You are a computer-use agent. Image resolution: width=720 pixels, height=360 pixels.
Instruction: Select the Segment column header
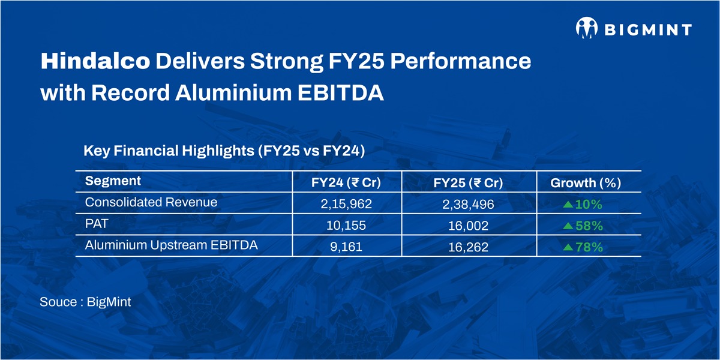coord(113,181)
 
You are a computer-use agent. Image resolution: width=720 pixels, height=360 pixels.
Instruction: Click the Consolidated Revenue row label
coord(151,202)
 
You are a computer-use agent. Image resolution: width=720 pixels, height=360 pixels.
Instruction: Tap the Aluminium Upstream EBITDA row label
coord(171,245)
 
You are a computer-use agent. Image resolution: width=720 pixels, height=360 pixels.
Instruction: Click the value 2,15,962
coord(346,205)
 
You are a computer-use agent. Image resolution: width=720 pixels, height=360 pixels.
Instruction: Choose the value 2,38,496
coord(467,205)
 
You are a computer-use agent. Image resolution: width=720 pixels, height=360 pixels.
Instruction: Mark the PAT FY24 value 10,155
coord(346,226)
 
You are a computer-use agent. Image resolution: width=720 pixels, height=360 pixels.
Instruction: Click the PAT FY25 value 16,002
coord(467,226)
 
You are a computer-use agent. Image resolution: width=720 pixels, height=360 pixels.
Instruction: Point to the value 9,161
coord(346,248)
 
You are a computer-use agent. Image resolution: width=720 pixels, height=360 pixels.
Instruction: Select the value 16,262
coord(467,248)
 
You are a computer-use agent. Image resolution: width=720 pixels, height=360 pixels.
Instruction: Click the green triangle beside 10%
coord(568,205)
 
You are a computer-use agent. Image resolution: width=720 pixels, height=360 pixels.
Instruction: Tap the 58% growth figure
coord(589,226)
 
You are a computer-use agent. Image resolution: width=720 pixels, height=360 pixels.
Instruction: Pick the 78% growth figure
coord(589,248)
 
